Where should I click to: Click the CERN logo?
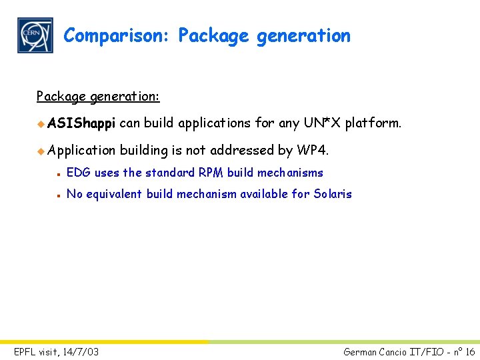click(35, 35)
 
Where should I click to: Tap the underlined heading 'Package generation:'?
click(98, 97)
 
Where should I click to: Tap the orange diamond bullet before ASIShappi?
click(41, 123)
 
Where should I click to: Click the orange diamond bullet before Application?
click(41, 151)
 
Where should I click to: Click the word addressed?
click(242, 151)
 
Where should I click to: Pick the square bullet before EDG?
click(59, 173)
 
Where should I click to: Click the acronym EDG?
click(79, 173)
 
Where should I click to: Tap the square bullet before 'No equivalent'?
click(59, 195)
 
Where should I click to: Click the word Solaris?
click(333, 194)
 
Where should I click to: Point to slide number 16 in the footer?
click(469, 351)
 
